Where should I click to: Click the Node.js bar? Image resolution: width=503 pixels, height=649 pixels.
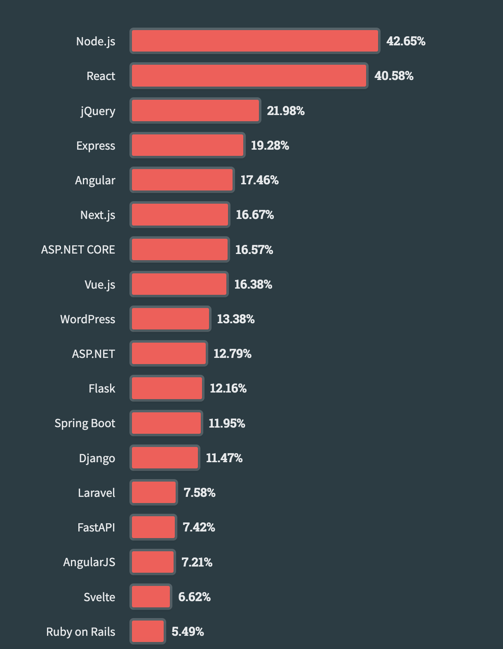point(255,41)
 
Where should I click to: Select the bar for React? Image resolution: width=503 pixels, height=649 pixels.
point(249,76)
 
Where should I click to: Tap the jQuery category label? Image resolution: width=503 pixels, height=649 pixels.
point(98,111)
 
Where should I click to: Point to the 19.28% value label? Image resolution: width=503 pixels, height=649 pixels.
point(270,146)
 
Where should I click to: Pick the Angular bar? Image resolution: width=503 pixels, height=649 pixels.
point(182,180)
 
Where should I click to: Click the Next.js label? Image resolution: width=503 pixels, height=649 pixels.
point(98,215)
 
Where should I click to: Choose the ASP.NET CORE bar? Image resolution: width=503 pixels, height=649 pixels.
point(180,249)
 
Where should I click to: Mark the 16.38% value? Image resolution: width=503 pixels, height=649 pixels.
point(253,285)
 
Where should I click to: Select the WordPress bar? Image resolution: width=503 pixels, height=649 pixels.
point(170,319)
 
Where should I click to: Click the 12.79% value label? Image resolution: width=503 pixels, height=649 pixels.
point(232,354)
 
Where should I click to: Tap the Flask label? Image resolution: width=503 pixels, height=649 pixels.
point(102,388)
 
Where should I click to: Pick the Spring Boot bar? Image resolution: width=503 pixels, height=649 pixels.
point(166,423)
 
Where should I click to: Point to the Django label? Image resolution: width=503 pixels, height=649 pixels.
point(97,458)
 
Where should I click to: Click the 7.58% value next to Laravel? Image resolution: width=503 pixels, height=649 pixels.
point(200,493)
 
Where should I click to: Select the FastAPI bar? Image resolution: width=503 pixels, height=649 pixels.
point(153,527)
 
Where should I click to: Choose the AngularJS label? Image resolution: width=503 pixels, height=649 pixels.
point(89,562)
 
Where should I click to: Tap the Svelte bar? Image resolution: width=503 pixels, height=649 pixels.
point(151,597)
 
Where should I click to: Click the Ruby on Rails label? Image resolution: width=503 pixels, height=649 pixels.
point(80,632)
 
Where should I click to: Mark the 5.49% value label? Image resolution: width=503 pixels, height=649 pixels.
point(188,632)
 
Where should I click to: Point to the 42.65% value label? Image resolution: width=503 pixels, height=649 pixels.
point(406,41)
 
